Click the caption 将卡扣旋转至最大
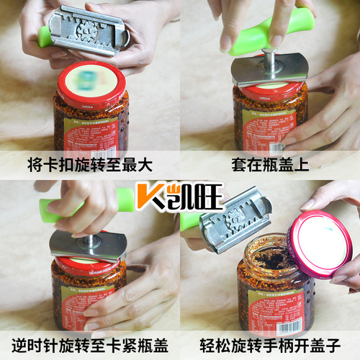click(90, 165)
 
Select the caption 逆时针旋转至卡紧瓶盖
click(90, 344)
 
